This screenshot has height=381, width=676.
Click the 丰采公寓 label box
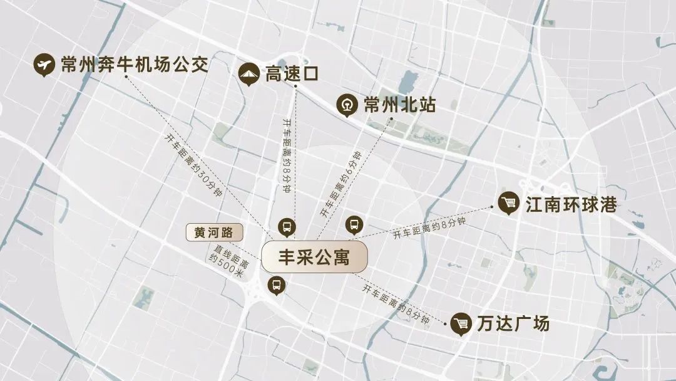coord(314,257)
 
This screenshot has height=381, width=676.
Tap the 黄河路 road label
coord(213,232)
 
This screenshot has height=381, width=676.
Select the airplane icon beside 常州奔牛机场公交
coord(44,65)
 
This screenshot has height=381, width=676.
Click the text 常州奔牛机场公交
coord(134,64)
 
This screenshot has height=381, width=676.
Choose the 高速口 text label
coord(292,74)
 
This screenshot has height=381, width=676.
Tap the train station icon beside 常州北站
coord(347,105)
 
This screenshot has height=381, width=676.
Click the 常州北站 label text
coord(399,105)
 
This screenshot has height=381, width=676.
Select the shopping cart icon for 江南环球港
coord(509,203)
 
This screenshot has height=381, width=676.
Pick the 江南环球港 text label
coord(571,204)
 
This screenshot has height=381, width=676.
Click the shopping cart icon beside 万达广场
coord(462,324)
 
